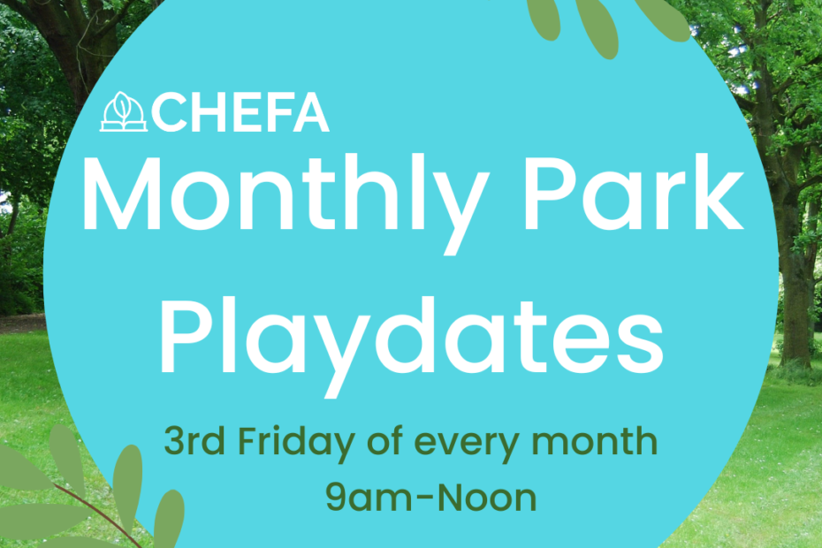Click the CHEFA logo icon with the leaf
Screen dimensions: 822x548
pyautogui.click(x=124, y=111)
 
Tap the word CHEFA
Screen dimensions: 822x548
pyautogui.click(x=240, y=113)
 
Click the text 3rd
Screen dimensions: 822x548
pyautogui.click(x=194, y=442)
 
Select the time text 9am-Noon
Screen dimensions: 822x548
pyautogui.click(x=431, y=498)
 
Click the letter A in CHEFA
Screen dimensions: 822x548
pyautogui.click(x=311, y=113)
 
